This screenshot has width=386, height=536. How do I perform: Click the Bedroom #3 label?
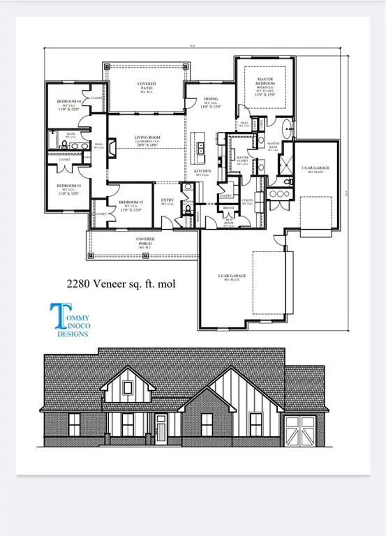68,186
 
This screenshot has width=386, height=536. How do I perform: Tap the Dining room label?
211,99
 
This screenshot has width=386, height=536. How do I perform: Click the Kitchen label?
202,171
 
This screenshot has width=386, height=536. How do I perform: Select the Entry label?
168,200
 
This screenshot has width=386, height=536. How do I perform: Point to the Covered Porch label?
145,240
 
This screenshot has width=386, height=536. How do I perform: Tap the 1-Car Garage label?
315,169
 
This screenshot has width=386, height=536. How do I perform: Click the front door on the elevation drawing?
161,424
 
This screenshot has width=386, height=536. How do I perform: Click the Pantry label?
226,195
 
